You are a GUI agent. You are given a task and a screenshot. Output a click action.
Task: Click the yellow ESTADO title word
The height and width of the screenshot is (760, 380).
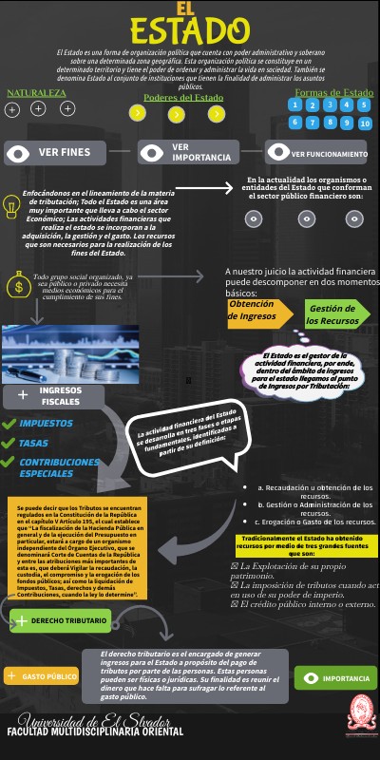click(189, 29)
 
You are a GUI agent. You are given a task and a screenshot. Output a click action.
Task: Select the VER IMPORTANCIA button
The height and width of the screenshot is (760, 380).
click(190, 152)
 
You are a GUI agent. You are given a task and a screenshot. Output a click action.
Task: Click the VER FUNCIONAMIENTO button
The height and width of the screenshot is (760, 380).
click(317, 153)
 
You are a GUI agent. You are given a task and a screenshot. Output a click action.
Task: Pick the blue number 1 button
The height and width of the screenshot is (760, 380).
click(296, 105)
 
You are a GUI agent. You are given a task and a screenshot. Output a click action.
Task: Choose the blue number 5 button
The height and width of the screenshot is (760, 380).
click(296, 122)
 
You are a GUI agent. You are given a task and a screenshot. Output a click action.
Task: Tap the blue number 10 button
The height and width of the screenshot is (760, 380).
click(365, 123)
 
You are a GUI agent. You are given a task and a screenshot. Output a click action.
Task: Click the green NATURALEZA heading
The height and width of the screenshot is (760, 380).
click(37, 93)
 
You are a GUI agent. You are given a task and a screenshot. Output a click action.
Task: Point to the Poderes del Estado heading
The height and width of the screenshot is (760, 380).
click(183, 98)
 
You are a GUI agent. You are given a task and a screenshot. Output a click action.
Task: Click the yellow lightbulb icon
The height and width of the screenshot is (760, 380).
click(11, 202)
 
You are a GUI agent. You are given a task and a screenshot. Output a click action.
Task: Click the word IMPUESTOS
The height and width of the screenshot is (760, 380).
click(46, 423)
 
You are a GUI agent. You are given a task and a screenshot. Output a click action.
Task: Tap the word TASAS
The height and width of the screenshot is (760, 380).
click(33, 443)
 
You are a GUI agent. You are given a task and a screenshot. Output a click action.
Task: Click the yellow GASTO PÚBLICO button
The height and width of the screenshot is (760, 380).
click(43, 676)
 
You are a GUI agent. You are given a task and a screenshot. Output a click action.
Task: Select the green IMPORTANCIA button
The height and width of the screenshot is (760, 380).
click(335, 678)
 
